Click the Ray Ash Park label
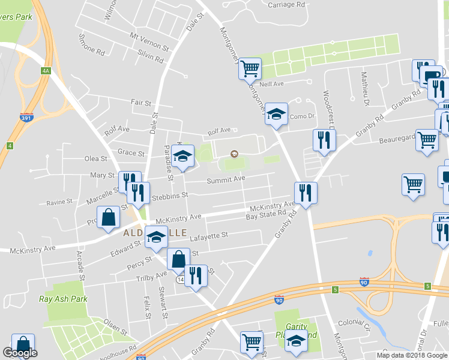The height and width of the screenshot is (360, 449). (64, 299)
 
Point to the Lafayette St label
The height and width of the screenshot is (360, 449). (209, 235)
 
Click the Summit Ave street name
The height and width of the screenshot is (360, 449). (226, 179)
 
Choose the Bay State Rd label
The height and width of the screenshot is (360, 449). (265, 215)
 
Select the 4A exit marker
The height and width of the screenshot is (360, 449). (46, 71)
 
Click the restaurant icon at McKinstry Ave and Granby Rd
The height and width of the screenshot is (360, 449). (305, 193)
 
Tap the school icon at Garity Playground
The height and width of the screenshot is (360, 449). (295, 341)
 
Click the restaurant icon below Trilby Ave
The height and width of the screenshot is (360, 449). (196, 276)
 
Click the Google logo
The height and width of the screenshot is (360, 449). (20, 353)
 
